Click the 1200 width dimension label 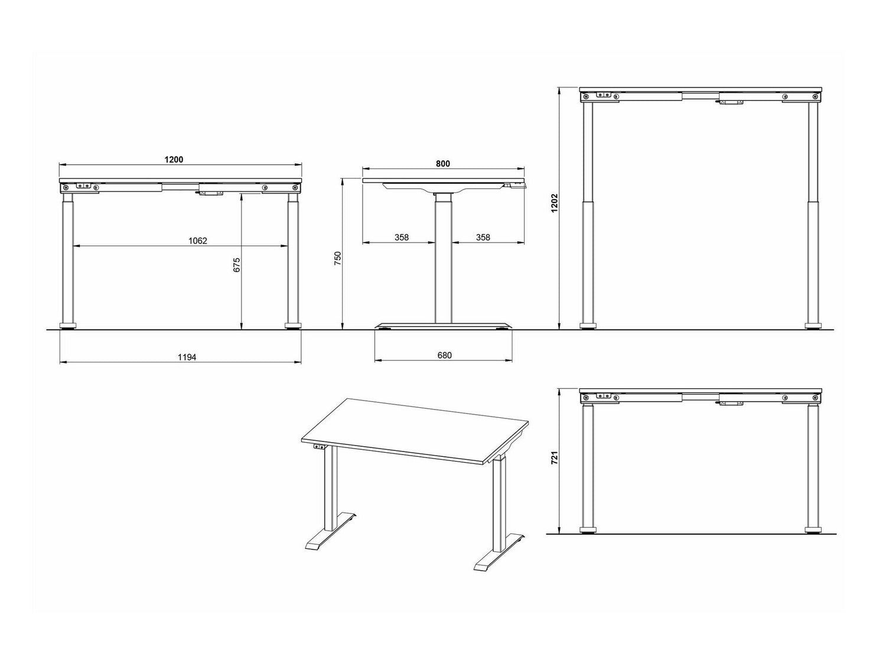174,159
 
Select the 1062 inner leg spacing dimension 198,241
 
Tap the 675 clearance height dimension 237,265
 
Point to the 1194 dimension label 187,357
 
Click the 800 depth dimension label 443,163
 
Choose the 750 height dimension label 338,258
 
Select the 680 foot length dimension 444,355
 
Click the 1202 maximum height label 555,203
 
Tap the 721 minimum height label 555,458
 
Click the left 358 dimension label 402,237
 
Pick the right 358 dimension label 483,237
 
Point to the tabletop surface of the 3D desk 416,431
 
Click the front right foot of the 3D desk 499,553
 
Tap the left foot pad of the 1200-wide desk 68,326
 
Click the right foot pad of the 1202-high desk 813,326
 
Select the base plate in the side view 443,326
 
